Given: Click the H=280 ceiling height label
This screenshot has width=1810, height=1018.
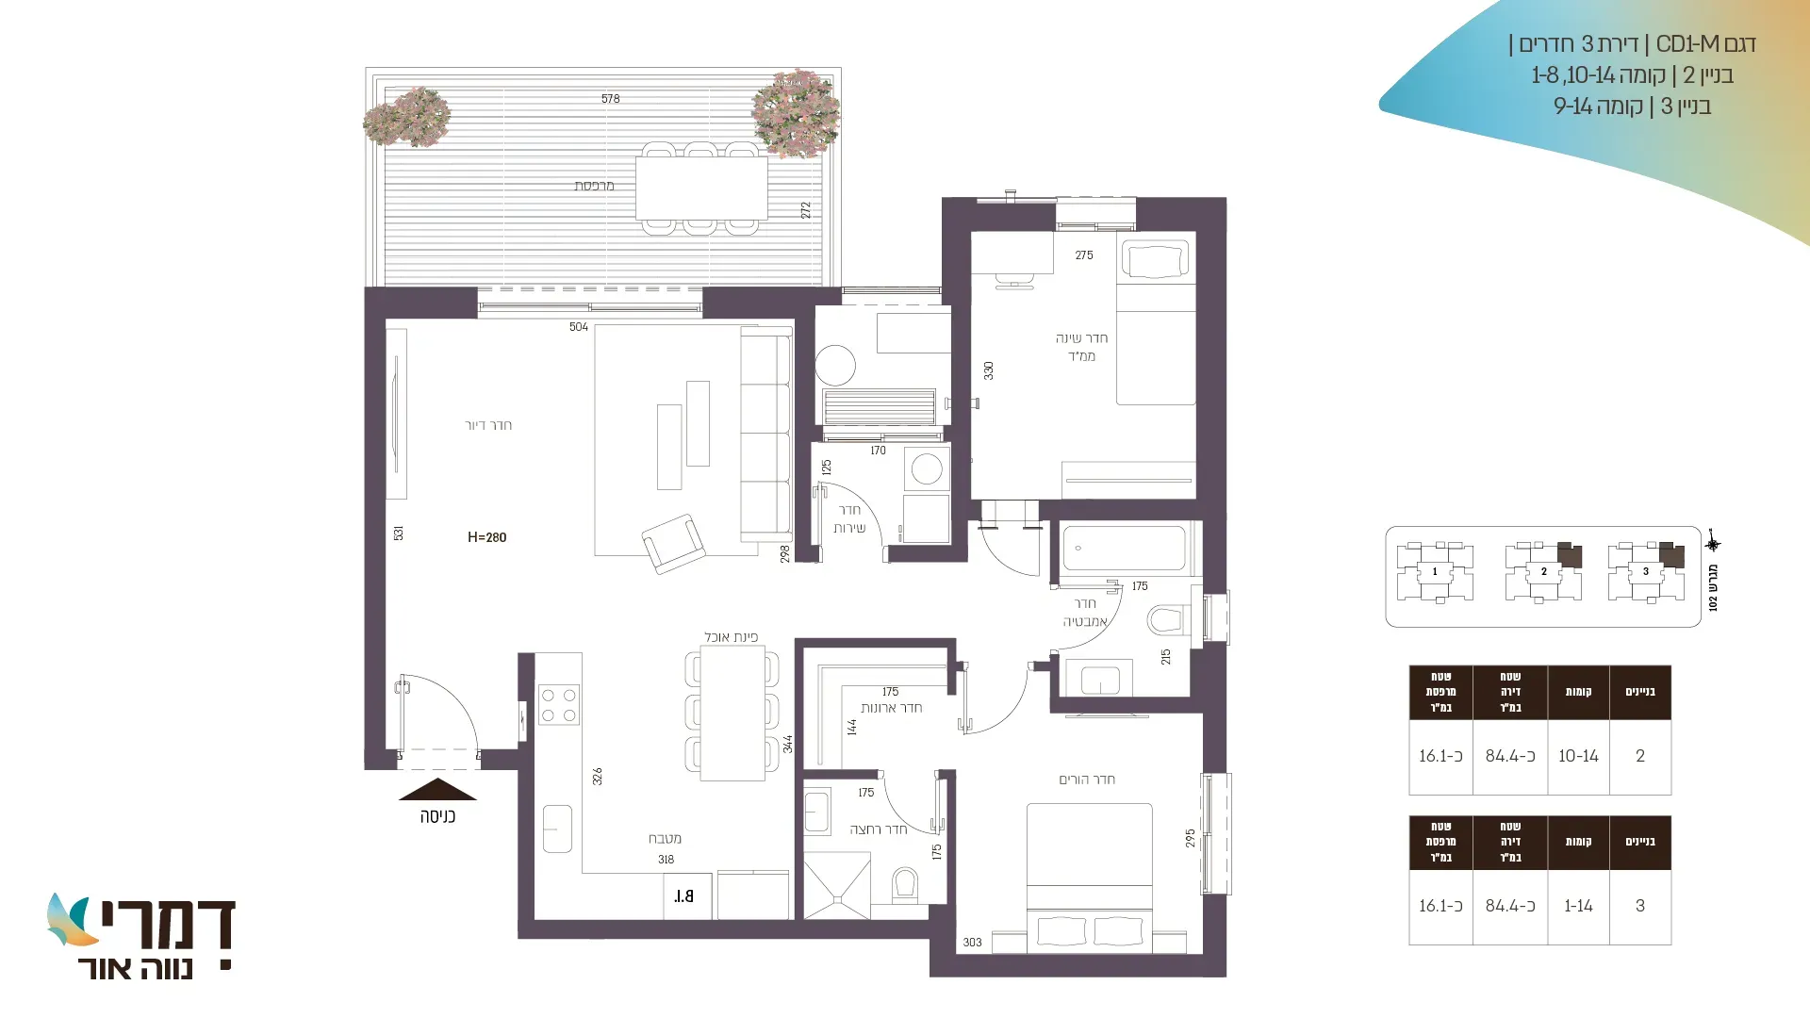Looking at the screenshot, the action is coord(486,537).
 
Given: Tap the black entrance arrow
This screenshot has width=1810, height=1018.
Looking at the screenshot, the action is coord(437,790).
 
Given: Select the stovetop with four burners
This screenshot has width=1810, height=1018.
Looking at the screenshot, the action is coord(558,705).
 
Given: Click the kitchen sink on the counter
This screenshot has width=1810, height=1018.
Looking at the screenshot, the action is coord(557,829).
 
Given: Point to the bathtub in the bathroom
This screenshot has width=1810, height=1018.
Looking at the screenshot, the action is coord(1124,548).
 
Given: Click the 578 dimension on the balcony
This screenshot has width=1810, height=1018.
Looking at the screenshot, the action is coord(611,98).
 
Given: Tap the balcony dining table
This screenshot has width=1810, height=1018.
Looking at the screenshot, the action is coord(701,188).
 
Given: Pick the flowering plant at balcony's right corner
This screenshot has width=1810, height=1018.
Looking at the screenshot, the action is coord(796,112).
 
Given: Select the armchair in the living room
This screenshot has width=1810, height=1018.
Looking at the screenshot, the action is coord(673,543).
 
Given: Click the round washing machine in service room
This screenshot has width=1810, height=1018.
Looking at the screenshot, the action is coord(927,468).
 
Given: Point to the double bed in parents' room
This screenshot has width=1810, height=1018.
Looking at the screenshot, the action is coord(1090,877).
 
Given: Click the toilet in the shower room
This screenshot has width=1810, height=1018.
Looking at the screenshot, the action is coord(905,884).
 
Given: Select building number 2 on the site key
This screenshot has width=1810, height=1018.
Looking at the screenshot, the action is coord(1543,571).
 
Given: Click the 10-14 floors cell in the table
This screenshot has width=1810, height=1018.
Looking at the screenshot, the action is coord(1578,756).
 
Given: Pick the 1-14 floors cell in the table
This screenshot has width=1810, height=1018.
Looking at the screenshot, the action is coord(1578,906).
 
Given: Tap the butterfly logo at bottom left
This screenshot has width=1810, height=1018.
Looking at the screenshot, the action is coord(70,920).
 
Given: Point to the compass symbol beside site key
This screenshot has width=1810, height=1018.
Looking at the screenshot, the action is coord(1713,544).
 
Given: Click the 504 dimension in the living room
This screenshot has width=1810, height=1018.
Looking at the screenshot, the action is coord(579,327).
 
